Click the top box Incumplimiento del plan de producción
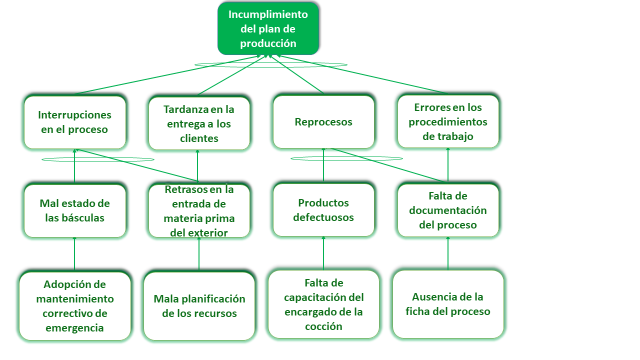point(269,28)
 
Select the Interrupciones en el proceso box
point(75,122)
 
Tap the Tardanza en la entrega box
point(197,122)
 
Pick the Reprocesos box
point(323,121)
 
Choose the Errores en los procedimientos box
point(448,121)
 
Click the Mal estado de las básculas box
point(75,210)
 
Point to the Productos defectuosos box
point(323,210)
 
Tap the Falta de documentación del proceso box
point(448,210)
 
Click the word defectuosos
point(323,218)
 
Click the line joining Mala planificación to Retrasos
point(199,254)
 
